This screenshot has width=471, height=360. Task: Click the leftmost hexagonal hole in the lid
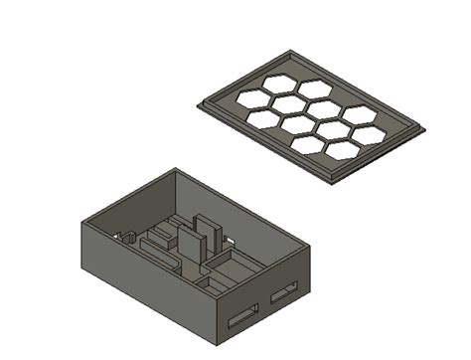253,97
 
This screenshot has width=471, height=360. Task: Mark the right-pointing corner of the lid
425,127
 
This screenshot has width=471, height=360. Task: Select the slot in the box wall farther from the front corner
283,292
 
